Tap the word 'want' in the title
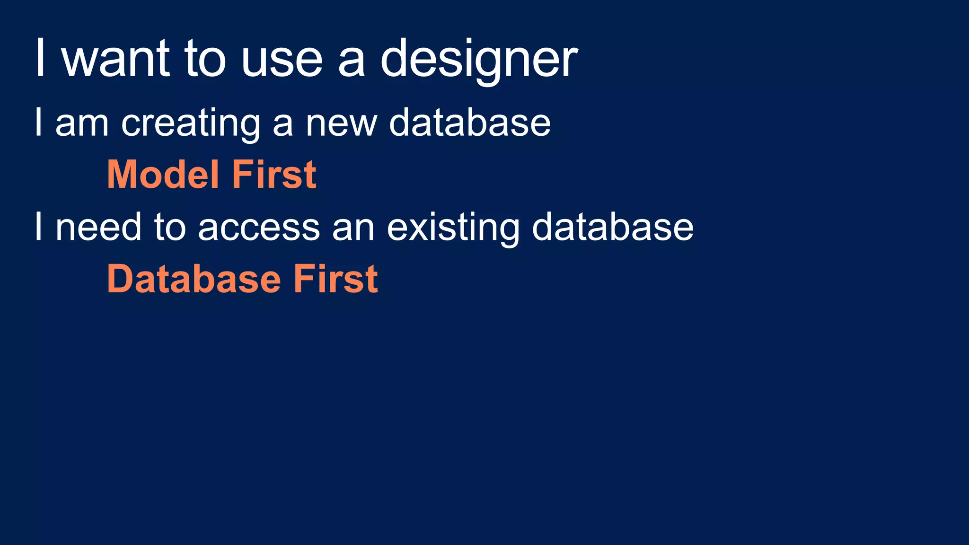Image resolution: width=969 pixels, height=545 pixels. tap(115, 59)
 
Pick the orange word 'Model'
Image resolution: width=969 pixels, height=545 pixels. tap(163, 175)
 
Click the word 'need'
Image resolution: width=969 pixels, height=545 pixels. tap(98, 227)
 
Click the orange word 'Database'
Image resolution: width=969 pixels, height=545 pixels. tap(194, 279)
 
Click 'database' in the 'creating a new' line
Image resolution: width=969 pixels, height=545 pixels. tap(470, 123)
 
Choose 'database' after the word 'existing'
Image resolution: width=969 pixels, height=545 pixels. tap(613, 227)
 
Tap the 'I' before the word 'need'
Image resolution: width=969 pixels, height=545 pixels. tap(39, 227)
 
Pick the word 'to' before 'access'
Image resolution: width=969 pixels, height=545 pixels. tap(170, 228)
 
